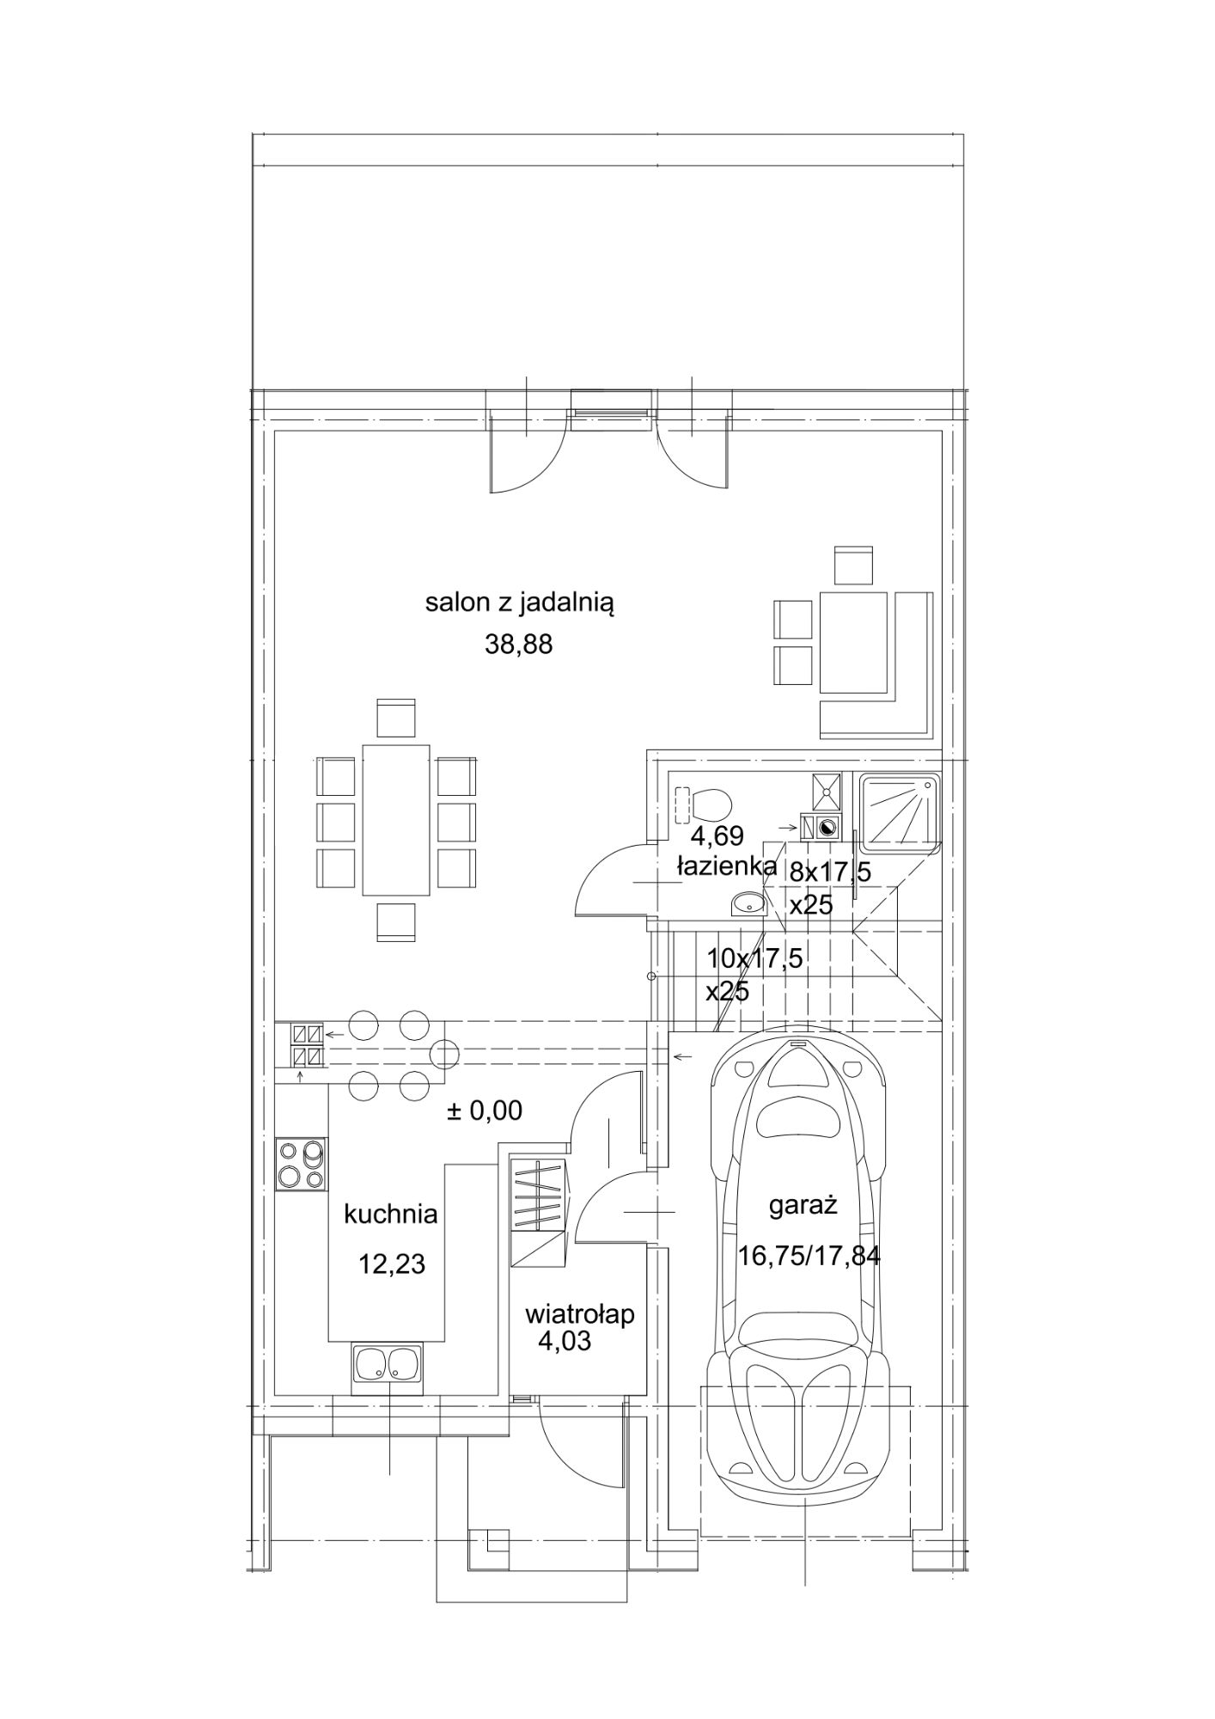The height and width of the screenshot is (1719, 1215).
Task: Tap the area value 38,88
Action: point(519,645)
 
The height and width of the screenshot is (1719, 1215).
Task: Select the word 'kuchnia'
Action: point(391,1214)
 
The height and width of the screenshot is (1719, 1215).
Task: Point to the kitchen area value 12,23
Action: point(392,1263)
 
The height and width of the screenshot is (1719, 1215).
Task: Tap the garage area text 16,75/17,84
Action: point(809,1257)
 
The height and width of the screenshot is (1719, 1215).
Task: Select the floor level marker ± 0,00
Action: point(484,1110)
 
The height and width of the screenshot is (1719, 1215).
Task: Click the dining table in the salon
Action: point(396,820)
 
